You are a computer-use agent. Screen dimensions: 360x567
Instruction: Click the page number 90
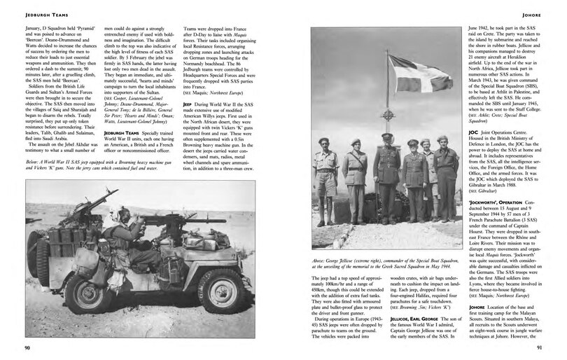pos(25,347)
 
